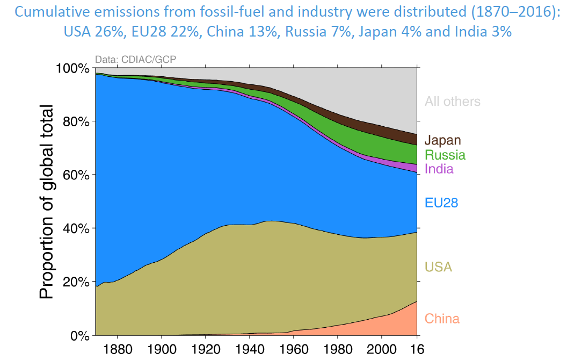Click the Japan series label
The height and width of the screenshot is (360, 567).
click(443, 141)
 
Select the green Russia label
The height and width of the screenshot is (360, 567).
click(445, 155)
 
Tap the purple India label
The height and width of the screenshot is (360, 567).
click(439, 169)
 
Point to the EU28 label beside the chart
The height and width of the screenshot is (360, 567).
click(441, 203)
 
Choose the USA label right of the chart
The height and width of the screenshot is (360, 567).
click(438, 267)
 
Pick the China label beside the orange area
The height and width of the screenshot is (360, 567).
click(442, 319)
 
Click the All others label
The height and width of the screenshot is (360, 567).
click(453, 101)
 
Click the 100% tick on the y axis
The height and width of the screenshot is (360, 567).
click(73, 68)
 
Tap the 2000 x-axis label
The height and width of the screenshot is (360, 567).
click(381, 348)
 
